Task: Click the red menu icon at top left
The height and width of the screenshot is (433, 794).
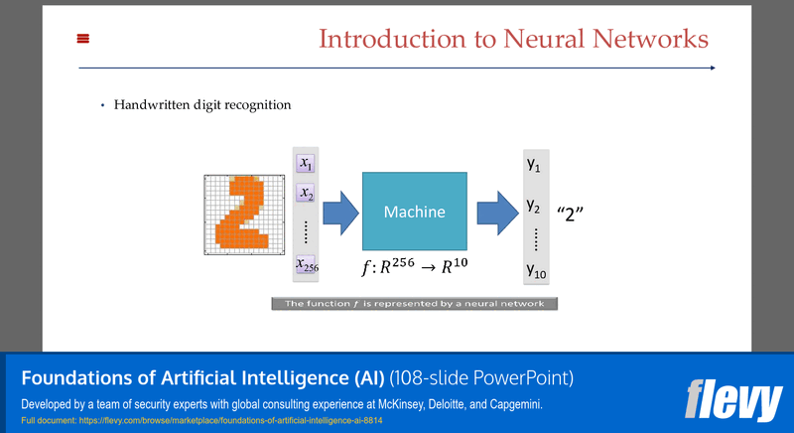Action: [83, 39]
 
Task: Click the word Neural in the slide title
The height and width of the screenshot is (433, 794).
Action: [531, 39]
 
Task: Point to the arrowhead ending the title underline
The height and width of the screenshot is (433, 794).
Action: [711, 68]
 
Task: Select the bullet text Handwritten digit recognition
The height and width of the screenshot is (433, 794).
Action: [201, 104]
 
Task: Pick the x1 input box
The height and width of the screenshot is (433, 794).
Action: [306, 163]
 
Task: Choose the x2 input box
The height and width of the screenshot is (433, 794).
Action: [306, 194]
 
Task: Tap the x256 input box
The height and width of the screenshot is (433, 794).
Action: [306, 265]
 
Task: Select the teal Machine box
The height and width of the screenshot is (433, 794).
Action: [414, 212]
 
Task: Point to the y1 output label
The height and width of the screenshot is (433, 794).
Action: [533, 164]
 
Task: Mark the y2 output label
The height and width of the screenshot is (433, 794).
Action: [533, 207]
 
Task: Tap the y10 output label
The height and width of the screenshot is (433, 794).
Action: [536, 269]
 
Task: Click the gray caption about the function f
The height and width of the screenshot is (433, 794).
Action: [414, 303]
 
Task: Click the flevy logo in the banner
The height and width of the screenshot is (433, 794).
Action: [733, 400]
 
